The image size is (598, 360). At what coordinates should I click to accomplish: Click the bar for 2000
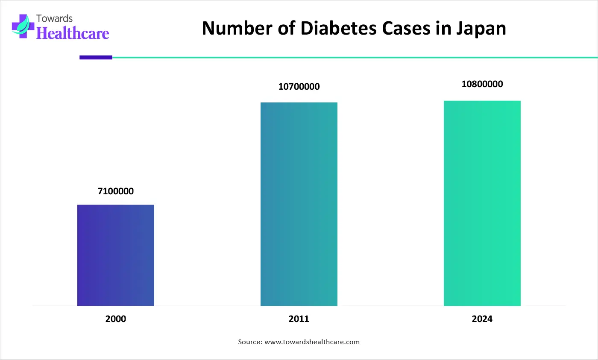click(116, 255)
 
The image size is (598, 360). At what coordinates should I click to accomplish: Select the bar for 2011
click(299, 204)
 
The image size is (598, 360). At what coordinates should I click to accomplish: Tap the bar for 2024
click(482, 203)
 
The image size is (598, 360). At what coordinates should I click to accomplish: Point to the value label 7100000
click(116, 191)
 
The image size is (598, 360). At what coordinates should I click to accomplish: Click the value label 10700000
click(299, 87)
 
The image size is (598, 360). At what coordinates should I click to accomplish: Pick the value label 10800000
click(482, 84)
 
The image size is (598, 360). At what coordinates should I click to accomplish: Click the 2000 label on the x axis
click(116, 319)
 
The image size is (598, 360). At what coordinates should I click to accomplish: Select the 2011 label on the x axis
click(299, 319)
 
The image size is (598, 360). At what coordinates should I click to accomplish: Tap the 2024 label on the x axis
click(482, 319)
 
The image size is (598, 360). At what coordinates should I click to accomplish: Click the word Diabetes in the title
click(340, 28)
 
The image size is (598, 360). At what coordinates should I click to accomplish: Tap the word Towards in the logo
click(55, 18)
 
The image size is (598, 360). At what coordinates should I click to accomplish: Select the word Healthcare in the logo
click(73, 32)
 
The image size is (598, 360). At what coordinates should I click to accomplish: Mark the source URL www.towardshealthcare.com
click(312, 342)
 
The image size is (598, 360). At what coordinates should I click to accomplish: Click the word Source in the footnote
click(249, 342)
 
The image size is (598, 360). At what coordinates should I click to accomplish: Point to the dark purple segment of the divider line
click(96, 57)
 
